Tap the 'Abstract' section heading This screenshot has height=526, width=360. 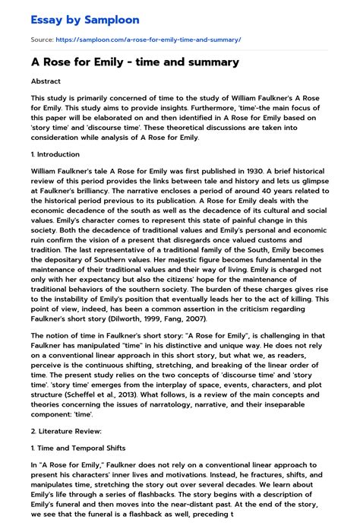click(46, 80)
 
